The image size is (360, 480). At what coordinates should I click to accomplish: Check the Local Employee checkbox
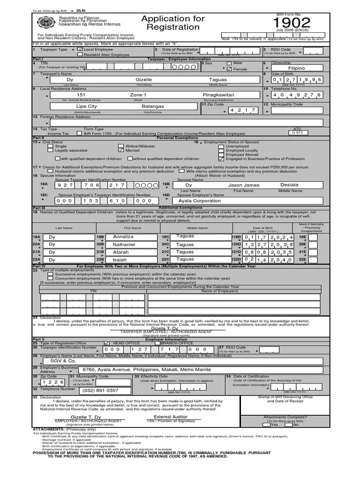point(80,49)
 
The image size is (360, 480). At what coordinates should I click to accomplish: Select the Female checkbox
point(229,69)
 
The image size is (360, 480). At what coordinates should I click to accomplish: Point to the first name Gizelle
point(143,80)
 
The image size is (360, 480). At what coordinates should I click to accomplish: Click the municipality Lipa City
point(87,106)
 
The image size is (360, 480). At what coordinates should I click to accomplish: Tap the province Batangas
point(152,106)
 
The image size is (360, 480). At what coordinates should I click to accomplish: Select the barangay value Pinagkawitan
point(218,95)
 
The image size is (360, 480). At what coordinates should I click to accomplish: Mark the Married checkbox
point(121,150)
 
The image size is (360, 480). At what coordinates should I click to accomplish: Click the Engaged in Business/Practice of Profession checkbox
point(221,159)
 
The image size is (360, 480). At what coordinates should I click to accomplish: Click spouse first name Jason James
point(243,185)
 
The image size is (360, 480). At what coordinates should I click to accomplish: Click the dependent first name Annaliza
point(123,237)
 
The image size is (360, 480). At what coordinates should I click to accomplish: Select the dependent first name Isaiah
point(120,259)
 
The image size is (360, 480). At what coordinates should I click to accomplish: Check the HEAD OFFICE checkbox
point(107,343)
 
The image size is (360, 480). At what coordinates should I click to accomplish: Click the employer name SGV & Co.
point(62,361)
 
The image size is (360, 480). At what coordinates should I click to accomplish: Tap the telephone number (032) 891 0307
point(100,390)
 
